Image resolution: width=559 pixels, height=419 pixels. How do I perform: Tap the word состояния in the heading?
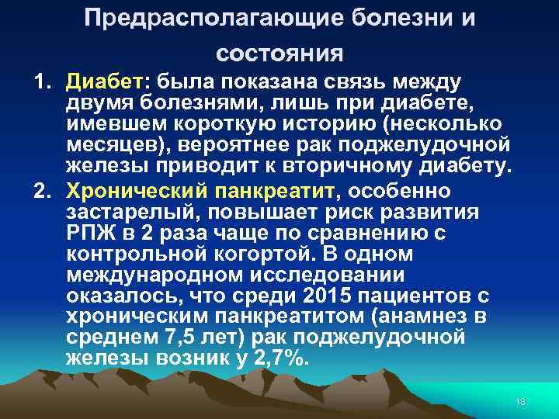point(279,54)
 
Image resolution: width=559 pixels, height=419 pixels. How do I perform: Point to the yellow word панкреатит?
point(255,189)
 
